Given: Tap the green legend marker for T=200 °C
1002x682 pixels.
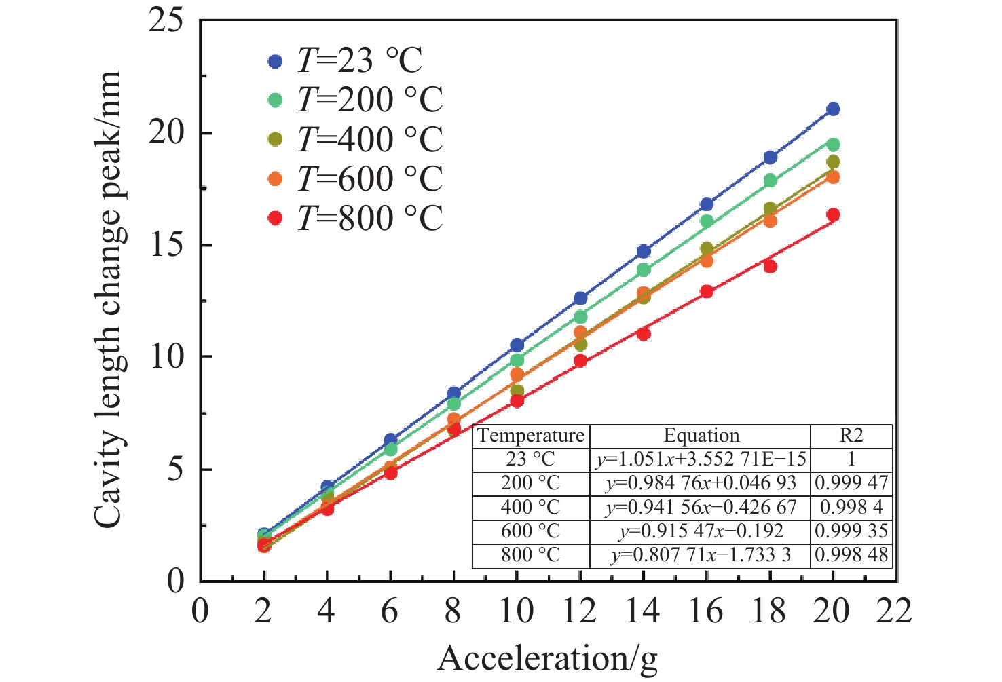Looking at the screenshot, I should [275, 100].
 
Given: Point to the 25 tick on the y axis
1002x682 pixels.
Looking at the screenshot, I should [166, 20].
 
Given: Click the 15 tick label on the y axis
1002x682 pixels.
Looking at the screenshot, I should [166, 245].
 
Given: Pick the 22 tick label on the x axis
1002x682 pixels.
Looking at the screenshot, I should [894, 611].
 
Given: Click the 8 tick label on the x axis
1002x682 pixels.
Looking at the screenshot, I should [453, 611].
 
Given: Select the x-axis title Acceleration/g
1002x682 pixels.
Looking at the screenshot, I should [548, 659].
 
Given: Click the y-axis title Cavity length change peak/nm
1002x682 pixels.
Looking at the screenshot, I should [109, 299].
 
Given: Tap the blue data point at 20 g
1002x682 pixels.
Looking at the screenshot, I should [833, 109].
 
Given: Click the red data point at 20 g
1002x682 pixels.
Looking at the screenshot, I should [833, 214].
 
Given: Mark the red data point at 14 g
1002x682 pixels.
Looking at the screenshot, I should [644, 334].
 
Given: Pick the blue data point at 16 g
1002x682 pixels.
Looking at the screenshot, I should [707, 204].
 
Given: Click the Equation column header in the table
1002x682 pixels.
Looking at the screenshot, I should [701, 436].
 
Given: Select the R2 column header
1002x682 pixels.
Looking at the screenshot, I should [851, 436].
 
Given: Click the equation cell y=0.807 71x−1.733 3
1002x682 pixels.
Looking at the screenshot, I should [701, 555].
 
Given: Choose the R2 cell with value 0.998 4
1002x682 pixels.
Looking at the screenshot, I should [851, 507].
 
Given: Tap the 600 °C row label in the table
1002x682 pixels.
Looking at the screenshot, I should [531, 531].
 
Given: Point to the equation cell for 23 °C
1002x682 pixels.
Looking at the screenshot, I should [701, 459].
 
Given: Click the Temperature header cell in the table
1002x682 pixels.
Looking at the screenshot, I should [531, 436].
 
